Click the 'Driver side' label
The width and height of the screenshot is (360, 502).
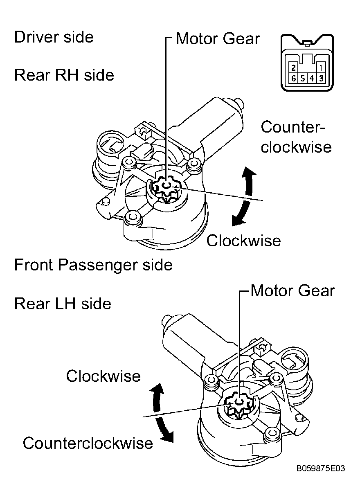54,37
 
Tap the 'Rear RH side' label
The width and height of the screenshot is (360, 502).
64,75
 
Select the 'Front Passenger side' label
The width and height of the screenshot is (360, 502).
93,265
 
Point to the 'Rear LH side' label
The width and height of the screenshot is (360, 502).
63,304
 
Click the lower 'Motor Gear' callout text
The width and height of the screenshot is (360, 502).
292,290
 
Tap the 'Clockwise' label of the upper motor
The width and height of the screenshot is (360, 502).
243,241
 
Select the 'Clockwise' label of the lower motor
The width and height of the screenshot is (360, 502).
103,376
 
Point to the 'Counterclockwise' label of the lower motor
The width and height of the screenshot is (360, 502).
88,443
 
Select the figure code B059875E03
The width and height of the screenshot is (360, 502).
321,468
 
